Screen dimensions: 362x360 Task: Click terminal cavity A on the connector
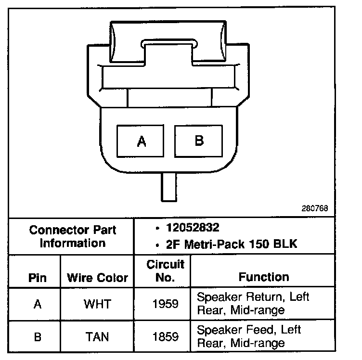142,141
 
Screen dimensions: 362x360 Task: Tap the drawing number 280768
315,209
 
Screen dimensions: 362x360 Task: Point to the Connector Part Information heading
73,236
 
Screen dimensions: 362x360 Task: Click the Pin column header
37,278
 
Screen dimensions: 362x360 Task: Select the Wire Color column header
97,278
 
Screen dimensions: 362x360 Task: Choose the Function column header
264,277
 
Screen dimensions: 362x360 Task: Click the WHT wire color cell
97,304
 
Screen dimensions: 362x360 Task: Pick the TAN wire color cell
97,336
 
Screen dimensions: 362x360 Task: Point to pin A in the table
37,304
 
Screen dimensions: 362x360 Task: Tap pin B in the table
37,336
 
